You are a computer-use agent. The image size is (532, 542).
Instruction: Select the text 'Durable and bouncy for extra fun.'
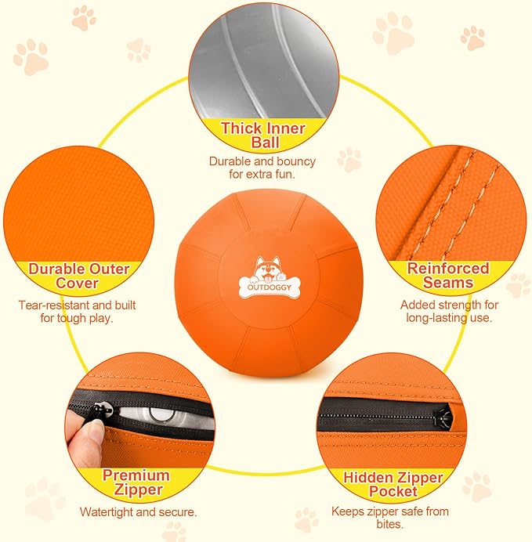pyautogui.click(x=262, y=168)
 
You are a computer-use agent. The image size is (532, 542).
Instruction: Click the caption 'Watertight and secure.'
pyautogui.click(x=138, y=512)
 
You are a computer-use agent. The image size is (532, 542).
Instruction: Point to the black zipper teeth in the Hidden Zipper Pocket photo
pyautogui.click(x=376, y=409)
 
